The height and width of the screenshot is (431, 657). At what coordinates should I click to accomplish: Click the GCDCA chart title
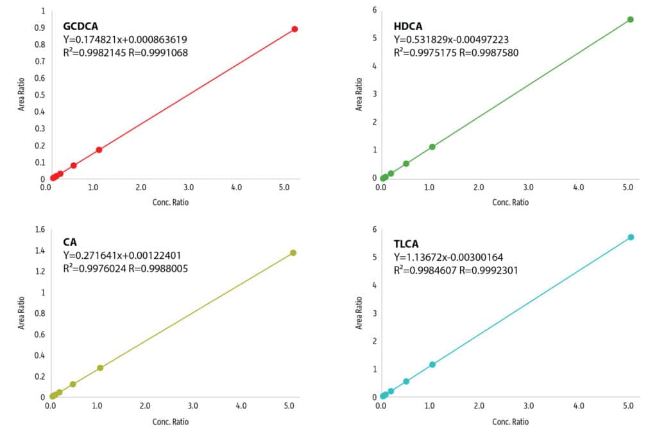pos(80,26)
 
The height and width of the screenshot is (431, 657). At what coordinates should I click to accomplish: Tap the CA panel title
pos(70,242)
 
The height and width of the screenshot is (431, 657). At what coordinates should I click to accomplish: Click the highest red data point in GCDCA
pos(294,29)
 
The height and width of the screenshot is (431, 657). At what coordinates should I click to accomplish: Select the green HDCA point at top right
pos(630,19)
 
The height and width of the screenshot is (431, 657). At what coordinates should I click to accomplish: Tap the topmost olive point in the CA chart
pos(293,252)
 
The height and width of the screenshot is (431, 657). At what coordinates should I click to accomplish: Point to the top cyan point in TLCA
pos(631,237)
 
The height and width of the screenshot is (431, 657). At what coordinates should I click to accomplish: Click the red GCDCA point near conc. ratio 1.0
pos(99,150)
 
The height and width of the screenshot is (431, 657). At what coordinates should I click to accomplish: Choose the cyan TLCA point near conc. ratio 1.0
pos(432,364)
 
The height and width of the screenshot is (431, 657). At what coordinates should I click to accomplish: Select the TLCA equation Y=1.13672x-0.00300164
pos(448,258)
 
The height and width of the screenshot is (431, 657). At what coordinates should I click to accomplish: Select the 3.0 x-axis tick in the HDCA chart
pos(528,189)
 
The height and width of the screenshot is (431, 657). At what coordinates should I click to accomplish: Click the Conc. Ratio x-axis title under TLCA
pos(510,421)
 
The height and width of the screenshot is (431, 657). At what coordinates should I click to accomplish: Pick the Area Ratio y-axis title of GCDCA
pos(21,95)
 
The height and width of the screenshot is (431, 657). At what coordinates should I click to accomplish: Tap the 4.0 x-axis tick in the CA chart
pos(241,406)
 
